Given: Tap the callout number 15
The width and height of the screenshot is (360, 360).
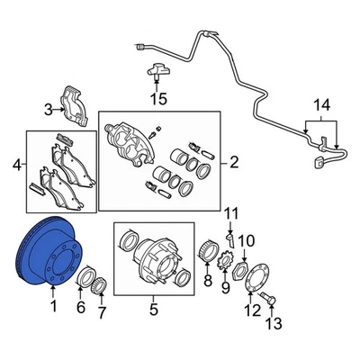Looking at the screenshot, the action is [158, 98].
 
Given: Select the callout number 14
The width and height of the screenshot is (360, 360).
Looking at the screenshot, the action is [321, 105].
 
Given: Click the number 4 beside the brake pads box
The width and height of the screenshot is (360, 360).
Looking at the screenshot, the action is [17, 165].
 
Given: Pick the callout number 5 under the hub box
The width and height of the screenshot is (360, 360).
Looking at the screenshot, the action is [153, 310].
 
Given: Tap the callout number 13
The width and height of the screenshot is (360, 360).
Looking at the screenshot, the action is [274, 323].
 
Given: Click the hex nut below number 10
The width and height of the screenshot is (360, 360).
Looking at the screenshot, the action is [240, 268].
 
